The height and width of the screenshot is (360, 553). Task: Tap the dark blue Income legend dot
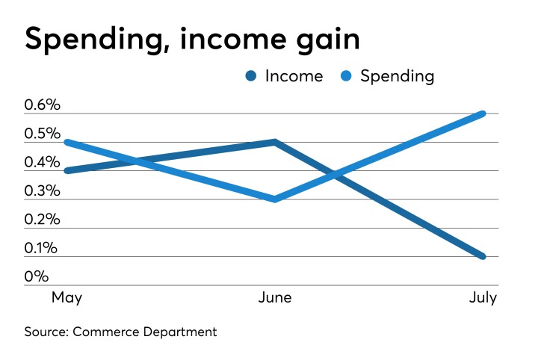[x=250, y=76]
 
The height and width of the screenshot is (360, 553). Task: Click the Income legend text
[x=294, y=76]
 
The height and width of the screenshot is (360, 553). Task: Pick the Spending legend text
[x=397, y=76]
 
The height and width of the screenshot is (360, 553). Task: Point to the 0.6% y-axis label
[x=42, y=105]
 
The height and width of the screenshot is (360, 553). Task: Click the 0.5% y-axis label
[x=42, y=134]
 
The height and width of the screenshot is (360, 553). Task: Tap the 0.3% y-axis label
[x=42, y=191]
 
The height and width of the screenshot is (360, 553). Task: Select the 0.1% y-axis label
[x=42, y=249]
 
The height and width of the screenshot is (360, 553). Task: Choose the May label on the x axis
[x=67, y=299]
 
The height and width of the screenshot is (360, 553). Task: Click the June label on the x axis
[x=275, y=299]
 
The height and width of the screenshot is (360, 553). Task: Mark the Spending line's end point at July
[x=484, y=114]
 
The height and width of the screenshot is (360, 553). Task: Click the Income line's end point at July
[x=484, y=257]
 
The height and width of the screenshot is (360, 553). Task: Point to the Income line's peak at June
[x=276, y=142]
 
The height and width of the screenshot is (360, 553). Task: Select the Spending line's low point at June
[x=276, y=199]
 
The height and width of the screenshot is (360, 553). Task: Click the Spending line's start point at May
[x=67, y=142]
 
